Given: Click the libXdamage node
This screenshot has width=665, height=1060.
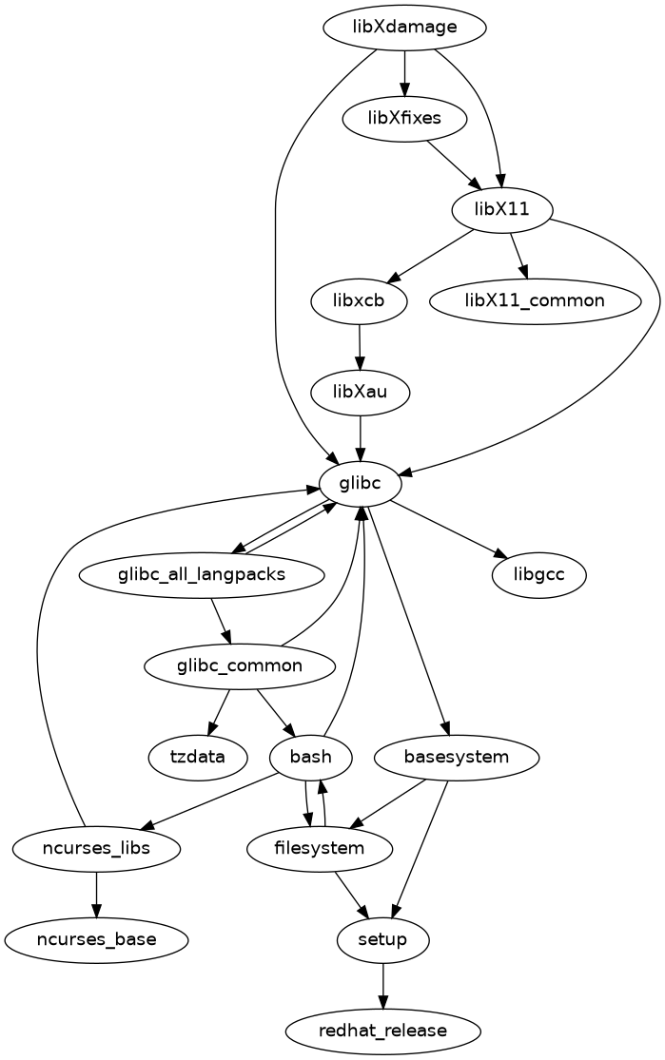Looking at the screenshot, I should coord(405,28).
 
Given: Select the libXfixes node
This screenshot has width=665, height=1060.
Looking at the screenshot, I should coord(405,119).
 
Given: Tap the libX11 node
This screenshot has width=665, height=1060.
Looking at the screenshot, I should coord(502,209).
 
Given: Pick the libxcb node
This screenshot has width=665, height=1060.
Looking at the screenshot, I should coord(359,301).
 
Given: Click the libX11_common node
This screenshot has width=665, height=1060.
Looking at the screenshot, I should coord(535,301).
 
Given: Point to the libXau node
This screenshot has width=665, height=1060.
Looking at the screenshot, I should coord(360,392).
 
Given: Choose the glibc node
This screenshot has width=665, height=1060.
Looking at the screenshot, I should coord(360,483).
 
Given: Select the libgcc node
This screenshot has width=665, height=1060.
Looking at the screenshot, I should coord(539,575).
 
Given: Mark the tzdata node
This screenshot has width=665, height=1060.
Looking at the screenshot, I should coord(198,758).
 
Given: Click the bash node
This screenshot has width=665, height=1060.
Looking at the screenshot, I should coord(311,758).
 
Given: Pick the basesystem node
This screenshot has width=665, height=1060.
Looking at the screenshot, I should coord(457,758).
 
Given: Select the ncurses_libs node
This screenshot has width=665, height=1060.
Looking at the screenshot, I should coord(96,848).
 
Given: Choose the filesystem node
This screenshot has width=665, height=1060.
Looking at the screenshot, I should coord(320,848).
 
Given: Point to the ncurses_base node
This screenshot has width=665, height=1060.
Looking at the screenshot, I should coord(96,940).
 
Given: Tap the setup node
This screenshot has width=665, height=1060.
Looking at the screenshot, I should coord(383,940).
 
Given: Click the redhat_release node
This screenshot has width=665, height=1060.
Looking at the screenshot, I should coord(383,1031).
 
